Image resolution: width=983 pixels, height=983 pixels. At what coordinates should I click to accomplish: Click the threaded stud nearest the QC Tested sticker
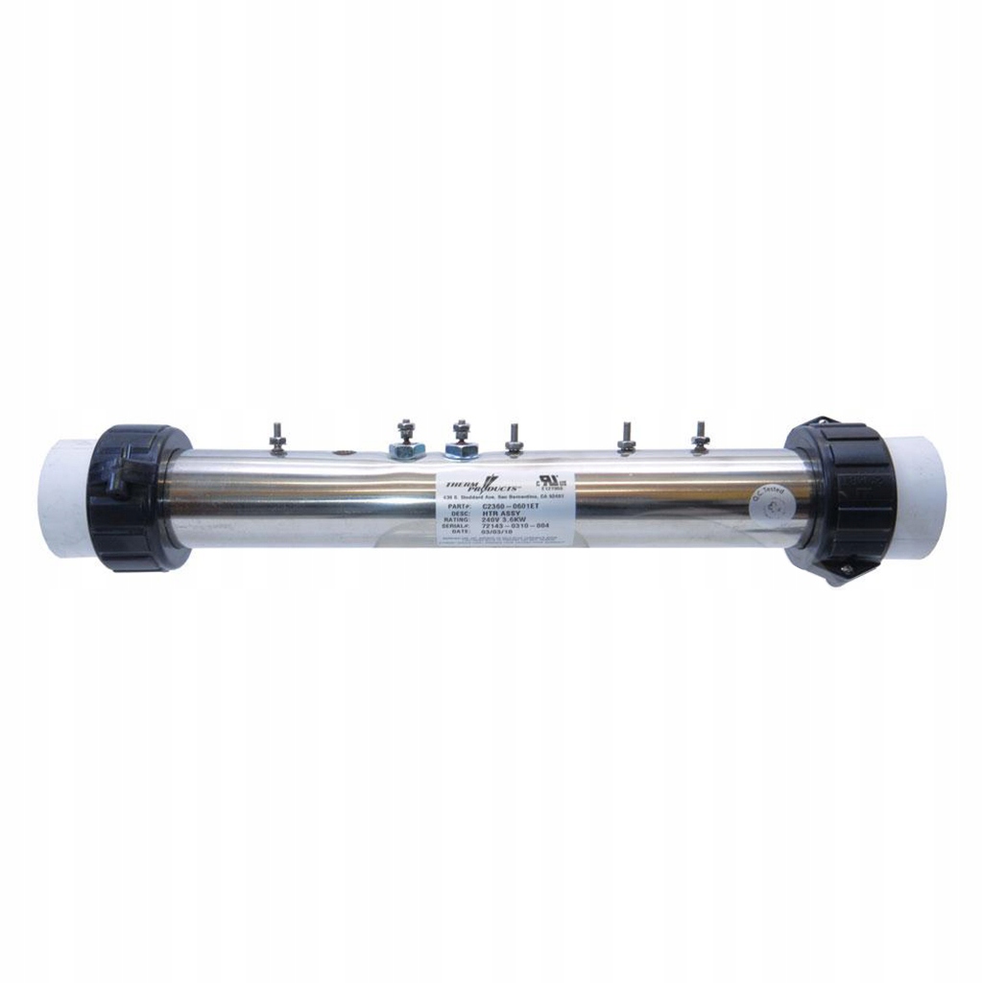[699, 437]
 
